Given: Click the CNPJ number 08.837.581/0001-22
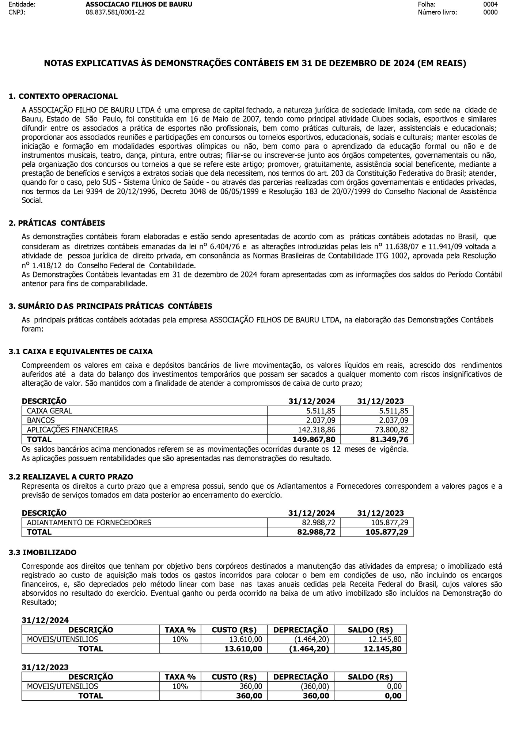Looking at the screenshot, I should click(115, 12).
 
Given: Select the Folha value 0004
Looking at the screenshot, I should click(490, 4).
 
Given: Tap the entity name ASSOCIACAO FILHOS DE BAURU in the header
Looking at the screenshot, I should click(139, 4).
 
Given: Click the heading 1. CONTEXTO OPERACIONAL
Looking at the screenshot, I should click(63, 96).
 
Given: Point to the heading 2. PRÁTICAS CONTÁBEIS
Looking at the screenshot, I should click(57, 223).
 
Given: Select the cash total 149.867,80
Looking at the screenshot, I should click(314, 439).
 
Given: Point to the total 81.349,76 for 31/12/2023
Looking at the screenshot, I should click(387, 439).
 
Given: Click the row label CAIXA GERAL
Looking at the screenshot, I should click(49, 411).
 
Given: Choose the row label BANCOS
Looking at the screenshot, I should click(41, 420).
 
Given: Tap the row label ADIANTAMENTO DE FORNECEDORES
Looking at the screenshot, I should click(89, 523).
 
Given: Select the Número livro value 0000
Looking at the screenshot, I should click(490, 12).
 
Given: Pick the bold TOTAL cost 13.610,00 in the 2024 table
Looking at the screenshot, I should click(243, 649).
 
